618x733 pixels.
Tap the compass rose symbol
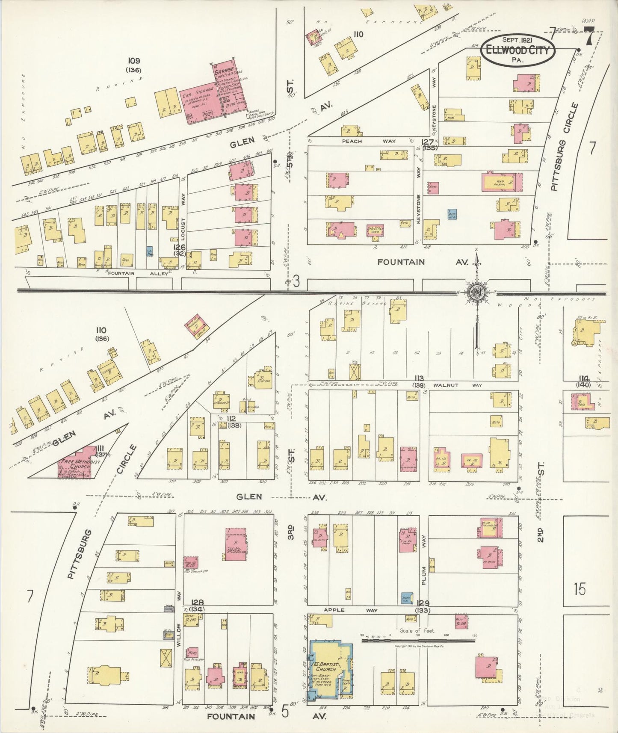[x=476, y=293]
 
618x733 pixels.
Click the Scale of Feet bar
[x=418, y=640]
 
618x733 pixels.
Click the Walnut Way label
[x=457, y=385]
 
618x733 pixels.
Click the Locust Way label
[x=183, y=207]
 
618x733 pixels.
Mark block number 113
[x=419, y=378]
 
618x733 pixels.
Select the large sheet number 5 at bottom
[x=285, y=712]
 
